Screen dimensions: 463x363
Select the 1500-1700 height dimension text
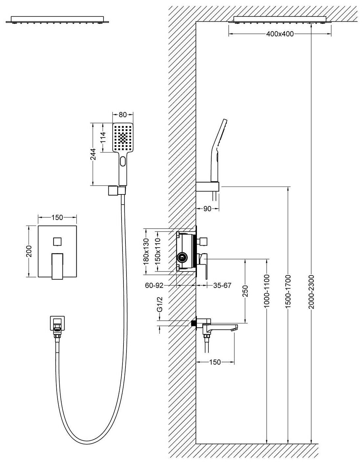point(288,292)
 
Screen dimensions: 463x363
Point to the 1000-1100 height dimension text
point(267,292)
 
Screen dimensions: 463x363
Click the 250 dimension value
point(245,291)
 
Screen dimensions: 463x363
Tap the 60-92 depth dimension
point(154,285)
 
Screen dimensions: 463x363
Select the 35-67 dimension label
point(222,285)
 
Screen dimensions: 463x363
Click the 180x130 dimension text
point(146,252)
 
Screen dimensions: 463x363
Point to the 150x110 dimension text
point(158,252)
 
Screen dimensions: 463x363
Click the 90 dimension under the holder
point(207,209)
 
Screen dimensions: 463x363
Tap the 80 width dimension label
point(123,114)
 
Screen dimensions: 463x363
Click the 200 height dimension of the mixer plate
point(29,251)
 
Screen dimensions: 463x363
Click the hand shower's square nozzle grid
point(123,138)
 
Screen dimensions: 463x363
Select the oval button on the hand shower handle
point(123,162)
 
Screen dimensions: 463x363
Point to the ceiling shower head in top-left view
point(57,20)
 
